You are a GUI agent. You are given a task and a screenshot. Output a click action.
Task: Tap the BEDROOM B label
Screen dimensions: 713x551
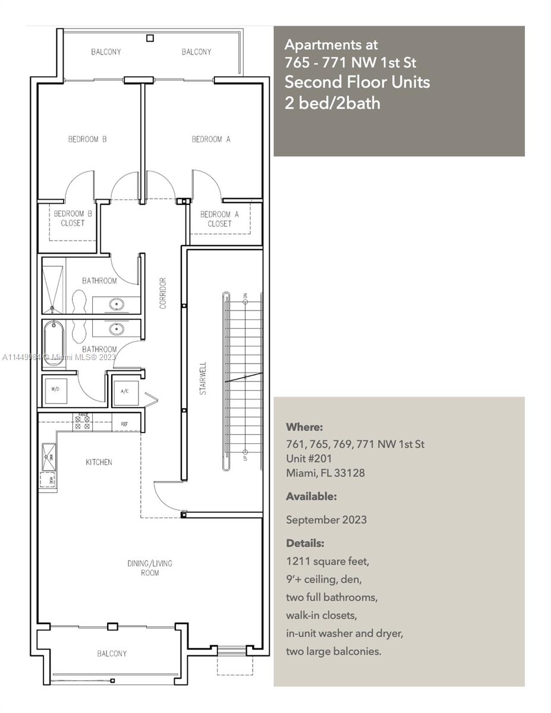pyautogui.click(x=87, y=139)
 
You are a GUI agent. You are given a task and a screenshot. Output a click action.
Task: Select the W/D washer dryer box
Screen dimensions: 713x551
pyautogui.click(x=55, y=390)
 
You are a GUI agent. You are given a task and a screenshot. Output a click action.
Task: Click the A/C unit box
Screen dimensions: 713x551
pyautogui.click(x=125, y=392)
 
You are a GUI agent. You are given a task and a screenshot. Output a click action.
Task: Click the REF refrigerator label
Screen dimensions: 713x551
pyautogui.click(x=124, y=424)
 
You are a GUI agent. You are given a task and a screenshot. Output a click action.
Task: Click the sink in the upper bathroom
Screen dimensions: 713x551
pyautogui.click(x=116, y=305)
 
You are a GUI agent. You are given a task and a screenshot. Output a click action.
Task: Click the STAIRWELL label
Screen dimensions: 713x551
pyautogui.click(x=203, y=379)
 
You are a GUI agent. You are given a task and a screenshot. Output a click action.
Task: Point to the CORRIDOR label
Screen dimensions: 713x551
pyautogui.click(x=162, y=293)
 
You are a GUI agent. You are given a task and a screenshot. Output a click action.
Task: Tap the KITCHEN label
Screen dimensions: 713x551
pyautogui.click(x=99, y=462)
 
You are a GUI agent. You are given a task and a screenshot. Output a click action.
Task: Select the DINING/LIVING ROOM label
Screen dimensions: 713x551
pyautogui.click(x=150, y=568)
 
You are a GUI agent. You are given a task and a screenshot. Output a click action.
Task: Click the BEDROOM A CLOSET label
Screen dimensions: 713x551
pyautogui.click(x=219, y=219)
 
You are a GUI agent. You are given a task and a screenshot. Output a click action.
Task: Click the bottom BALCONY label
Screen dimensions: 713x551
pyautogui.click(x=112, y=654)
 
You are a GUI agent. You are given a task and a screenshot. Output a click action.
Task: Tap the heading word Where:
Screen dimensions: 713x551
pyautogui.click(x=304, y=427)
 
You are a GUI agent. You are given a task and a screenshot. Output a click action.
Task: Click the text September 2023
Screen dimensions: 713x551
pyautogui.click(x=326, y=520)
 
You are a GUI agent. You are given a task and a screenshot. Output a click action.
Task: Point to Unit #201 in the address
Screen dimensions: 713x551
pyautogui.click(x=308, y=459)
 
